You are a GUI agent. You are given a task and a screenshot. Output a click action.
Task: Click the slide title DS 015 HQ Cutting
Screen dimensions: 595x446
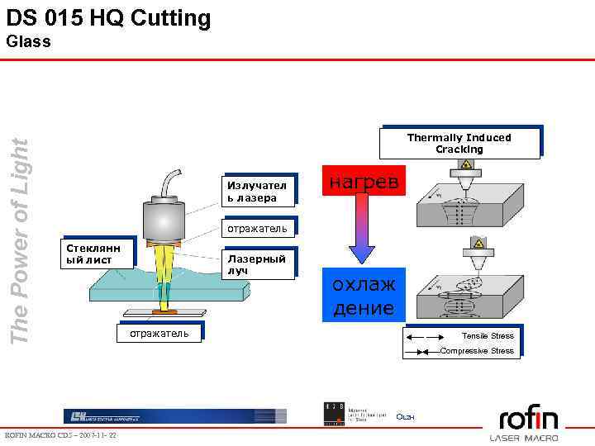click(108, 18)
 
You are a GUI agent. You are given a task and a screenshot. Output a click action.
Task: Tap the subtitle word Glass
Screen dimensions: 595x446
click(28, 41)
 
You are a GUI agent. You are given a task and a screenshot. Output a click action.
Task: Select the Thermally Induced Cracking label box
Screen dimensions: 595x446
click(459, 143)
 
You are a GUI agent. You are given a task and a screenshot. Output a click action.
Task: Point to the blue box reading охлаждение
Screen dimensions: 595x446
click(364, 296)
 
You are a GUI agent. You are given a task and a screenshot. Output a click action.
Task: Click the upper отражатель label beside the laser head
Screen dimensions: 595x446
click(256, 228)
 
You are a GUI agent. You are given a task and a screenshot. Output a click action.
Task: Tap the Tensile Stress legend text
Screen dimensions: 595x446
click(488, 335)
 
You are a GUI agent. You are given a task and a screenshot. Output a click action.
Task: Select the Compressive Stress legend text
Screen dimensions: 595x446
click(477, 351)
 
